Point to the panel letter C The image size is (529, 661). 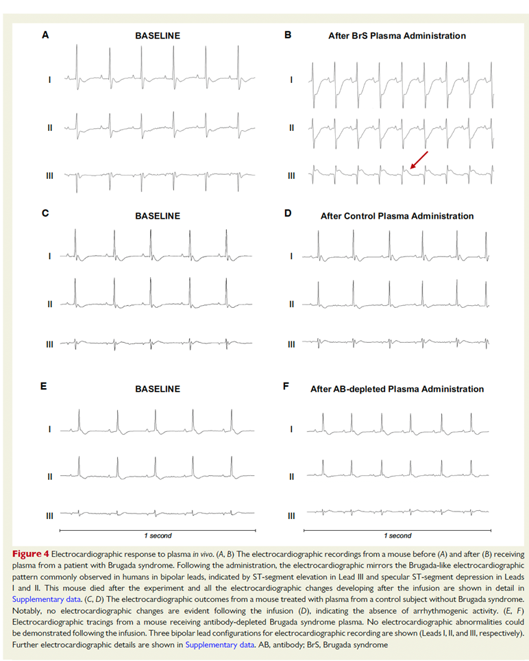[x=45, y=213]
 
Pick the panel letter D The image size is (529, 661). [x=288, y=213]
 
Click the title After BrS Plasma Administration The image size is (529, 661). [x=397, y=36]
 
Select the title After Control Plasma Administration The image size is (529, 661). [x=397, y=216]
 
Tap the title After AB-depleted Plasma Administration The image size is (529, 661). [x=397, y=389]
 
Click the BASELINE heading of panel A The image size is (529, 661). [x=157, y=36]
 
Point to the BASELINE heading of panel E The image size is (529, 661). [x=157, y=389]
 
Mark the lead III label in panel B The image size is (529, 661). [x=291, y=176]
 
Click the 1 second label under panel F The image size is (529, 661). [x=397, y=536]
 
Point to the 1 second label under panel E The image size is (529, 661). [x=157, y=536]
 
